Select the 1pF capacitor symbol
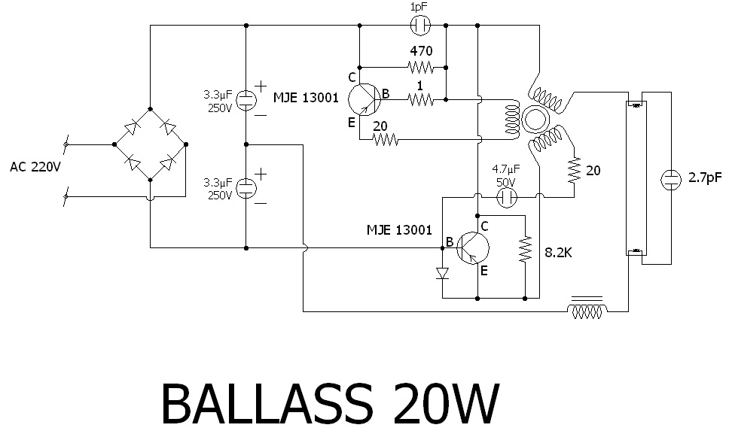[420, 26]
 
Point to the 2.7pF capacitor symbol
[670, 179]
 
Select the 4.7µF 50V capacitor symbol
[507, 198]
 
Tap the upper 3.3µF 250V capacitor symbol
[246, 100]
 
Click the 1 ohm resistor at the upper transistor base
[420, 99]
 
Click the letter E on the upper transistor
[351, 122]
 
